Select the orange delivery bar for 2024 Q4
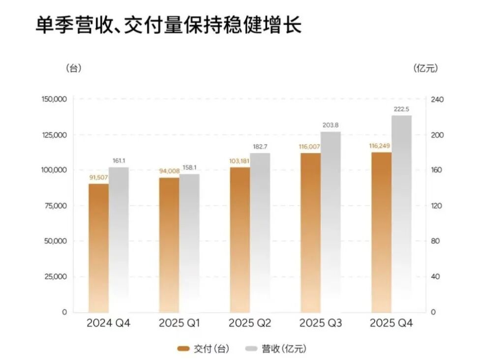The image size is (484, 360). (98, 248)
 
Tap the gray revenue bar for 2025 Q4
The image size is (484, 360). (401, 214)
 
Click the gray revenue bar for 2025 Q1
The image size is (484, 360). (189, 243)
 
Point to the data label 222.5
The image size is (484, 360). (401, 109)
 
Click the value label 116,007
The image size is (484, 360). (310, 147)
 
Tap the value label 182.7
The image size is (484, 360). (260, 147)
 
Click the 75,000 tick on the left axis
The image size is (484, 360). (55, 206)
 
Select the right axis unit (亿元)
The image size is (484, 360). (426, 68)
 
